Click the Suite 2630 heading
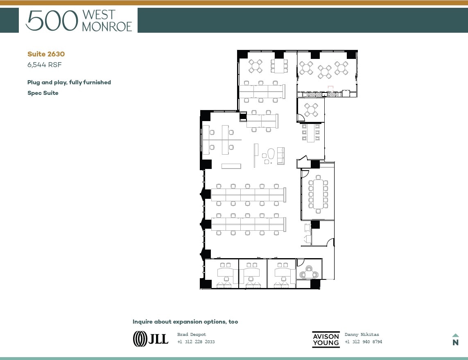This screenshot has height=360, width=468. [46, 54]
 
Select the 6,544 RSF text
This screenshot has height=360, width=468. [44, 64]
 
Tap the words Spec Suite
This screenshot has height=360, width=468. [43, 93]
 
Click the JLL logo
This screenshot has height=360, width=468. [151, 338]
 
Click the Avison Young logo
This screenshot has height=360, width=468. [326, 339]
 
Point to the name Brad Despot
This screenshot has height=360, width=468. [192, 335]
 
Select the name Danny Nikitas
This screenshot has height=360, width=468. [362, 335]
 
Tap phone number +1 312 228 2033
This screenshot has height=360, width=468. [196, 342]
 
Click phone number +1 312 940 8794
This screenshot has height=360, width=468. [363, 342]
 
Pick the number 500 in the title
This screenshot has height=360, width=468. [52, 20]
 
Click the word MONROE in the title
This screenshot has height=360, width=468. [107, 27]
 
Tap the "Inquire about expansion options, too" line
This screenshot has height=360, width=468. [185, 322]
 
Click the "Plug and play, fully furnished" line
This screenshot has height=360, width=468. [69, 82]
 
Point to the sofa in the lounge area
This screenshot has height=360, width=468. [281, 155]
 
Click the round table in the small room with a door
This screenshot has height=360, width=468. [311, 110]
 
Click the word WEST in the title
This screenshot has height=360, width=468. [99, 15]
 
